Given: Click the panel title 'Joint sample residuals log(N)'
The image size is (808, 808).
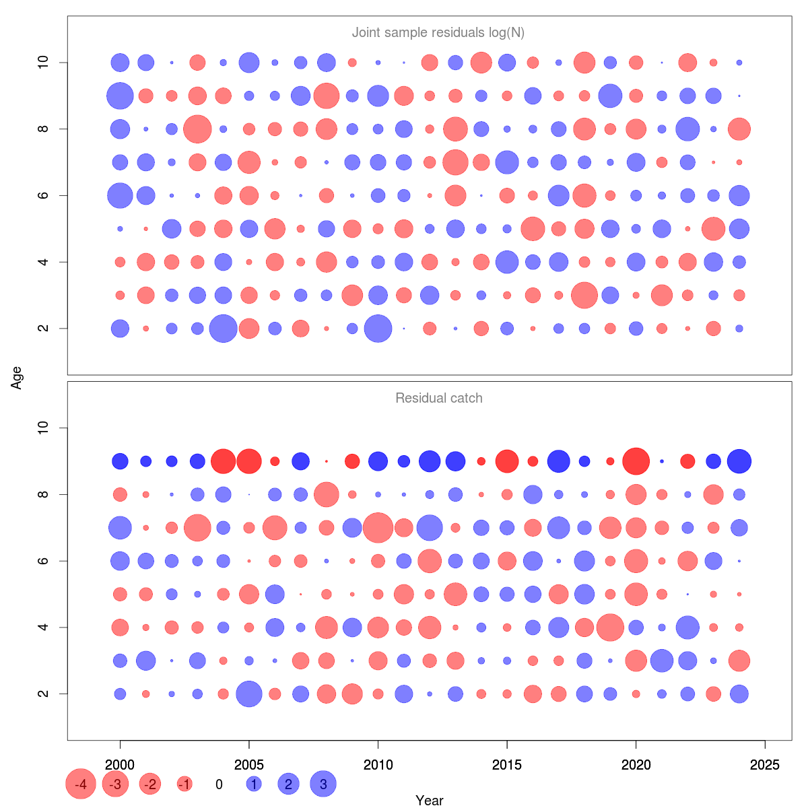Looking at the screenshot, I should tap(438, 32).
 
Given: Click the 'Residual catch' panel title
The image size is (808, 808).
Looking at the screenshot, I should tap(439, 398).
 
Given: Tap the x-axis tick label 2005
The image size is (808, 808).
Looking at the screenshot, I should tap(249, 764).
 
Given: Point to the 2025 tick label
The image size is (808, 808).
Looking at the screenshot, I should tap(765, 764).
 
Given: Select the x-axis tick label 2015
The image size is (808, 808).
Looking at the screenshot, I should tap(507, 764).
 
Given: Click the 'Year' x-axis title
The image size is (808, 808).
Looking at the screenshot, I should tap(430, 800).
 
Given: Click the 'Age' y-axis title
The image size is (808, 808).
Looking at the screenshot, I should tap(17, 378).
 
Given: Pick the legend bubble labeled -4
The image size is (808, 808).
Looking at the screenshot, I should tap(81, 784).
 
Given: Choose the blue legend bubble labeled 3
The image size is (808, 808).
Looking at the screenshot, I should tap(323, 784).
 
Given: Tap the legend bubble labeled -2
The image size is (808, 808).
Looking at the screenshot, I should tap(149, 784).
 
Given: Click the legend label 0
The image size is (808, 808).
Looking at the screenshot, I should tap(219, 784).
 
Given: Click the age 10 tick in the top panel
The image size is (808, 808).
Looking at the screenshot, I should tap(44, 63).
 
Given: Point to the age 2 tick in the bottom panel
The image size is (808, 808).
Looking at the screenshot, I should tap(44, 694).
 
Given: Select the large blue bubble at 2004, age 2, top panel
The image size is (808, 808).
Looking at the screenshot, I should tap(223, 329).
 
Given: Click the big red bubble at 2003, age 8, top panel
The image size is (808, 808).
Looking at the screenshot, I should tap(197, 129).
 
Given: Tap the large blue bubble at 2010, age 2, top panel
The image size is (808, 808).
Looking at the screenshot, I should tap(378, 329).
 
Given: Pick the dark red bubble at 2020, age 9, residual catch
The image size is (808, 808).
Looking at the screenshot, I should tap(636, 461).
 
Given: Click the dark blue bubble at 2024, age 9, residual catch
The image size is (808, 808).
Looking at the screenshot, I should tap(739, 461).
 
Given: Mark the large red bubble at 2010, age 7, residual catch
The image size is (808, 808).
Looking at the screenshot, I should tap(378, 527).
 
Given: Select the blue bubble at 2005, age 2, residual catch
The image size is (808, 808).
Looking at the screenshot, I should tap(249, 694).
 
